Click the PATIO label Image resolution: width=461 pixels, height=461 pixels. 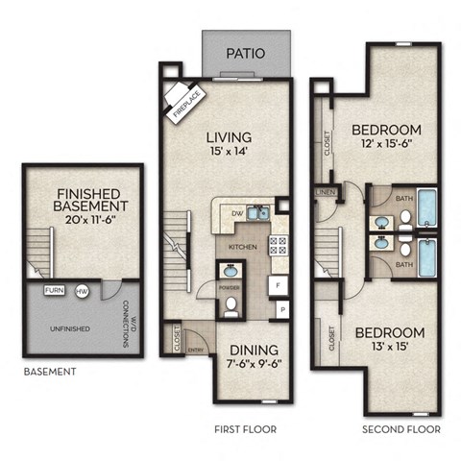[245, 54]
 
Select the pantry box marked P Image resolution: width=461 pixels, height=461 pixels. [282, 310]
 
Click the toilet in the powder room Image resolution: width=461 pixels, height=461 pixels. [231, 308]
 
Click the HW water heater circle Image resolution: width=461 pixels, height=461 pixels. [83, 289]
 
